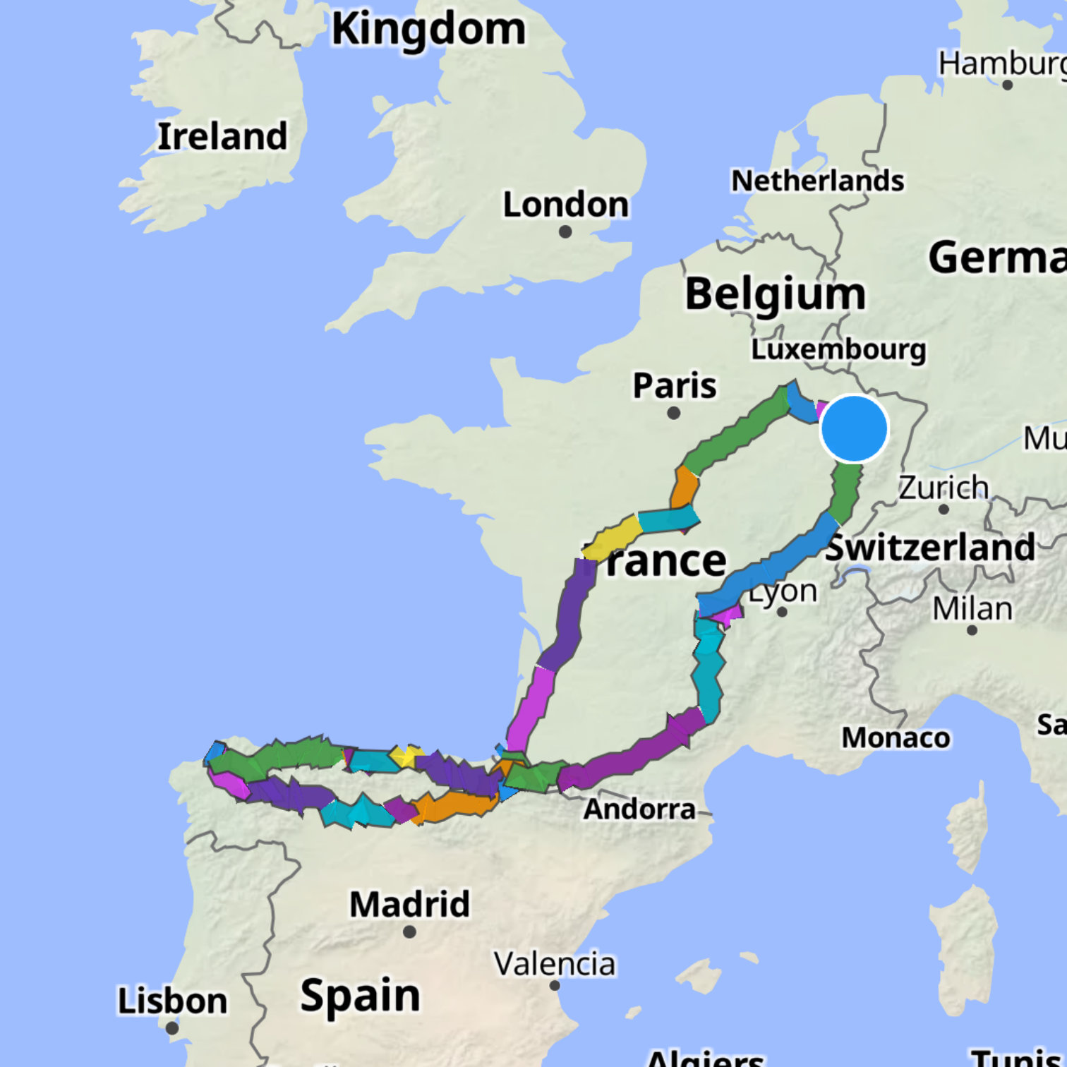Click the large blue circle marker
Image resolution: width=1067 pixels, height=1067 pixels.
[x=854, y=429]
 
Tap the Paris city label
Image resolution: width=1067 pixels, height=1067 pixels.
[x=674, y=385]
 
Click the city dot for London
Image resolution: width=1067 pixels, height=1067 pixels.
[x=565, y=231]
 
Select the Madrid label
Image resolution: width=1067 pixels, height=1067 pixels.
[x=409, y=904]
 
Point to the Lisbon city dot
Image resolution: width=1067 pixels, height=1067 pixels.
[x=171, y=1028]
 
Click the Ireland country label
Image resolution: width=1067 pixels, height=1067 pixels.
[x=222, y=136]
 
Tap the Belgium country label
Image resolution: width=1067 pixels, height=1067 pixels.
[x=775, y=294]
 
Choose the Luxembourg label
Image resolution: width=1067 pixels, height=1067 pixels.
[x=838, y=349]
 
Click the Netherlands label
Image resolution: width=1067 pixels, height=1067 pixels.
[x=817, y=181]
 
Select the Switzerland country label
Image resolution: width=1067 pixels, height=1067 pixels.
[x=930, y=548]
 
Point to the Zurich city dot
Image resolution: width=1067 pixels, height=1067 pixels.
[x=944, y=509]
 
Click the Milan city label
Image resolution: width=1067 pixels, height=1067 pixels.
[x=972, y=608]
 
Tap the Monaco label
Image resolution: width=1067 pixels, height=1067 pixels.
[x=896, y=737]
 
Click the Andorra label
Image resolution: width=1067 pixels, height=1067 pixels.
[x=639, y=809]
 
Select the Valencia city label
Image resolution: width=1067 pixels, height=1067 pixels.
[x=555, y=964]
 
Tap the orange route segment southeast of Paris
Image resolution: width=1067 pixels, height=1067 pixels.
[x=684, y=486]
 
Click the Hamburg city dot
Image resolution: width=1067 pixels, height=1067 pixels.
[x=1008, y=85]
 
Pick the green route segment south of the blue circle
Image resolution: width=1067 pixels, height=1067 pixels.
[x=844, y=492]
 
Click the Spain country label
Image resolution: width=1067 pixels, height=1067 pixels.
[x=360, y=995]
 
